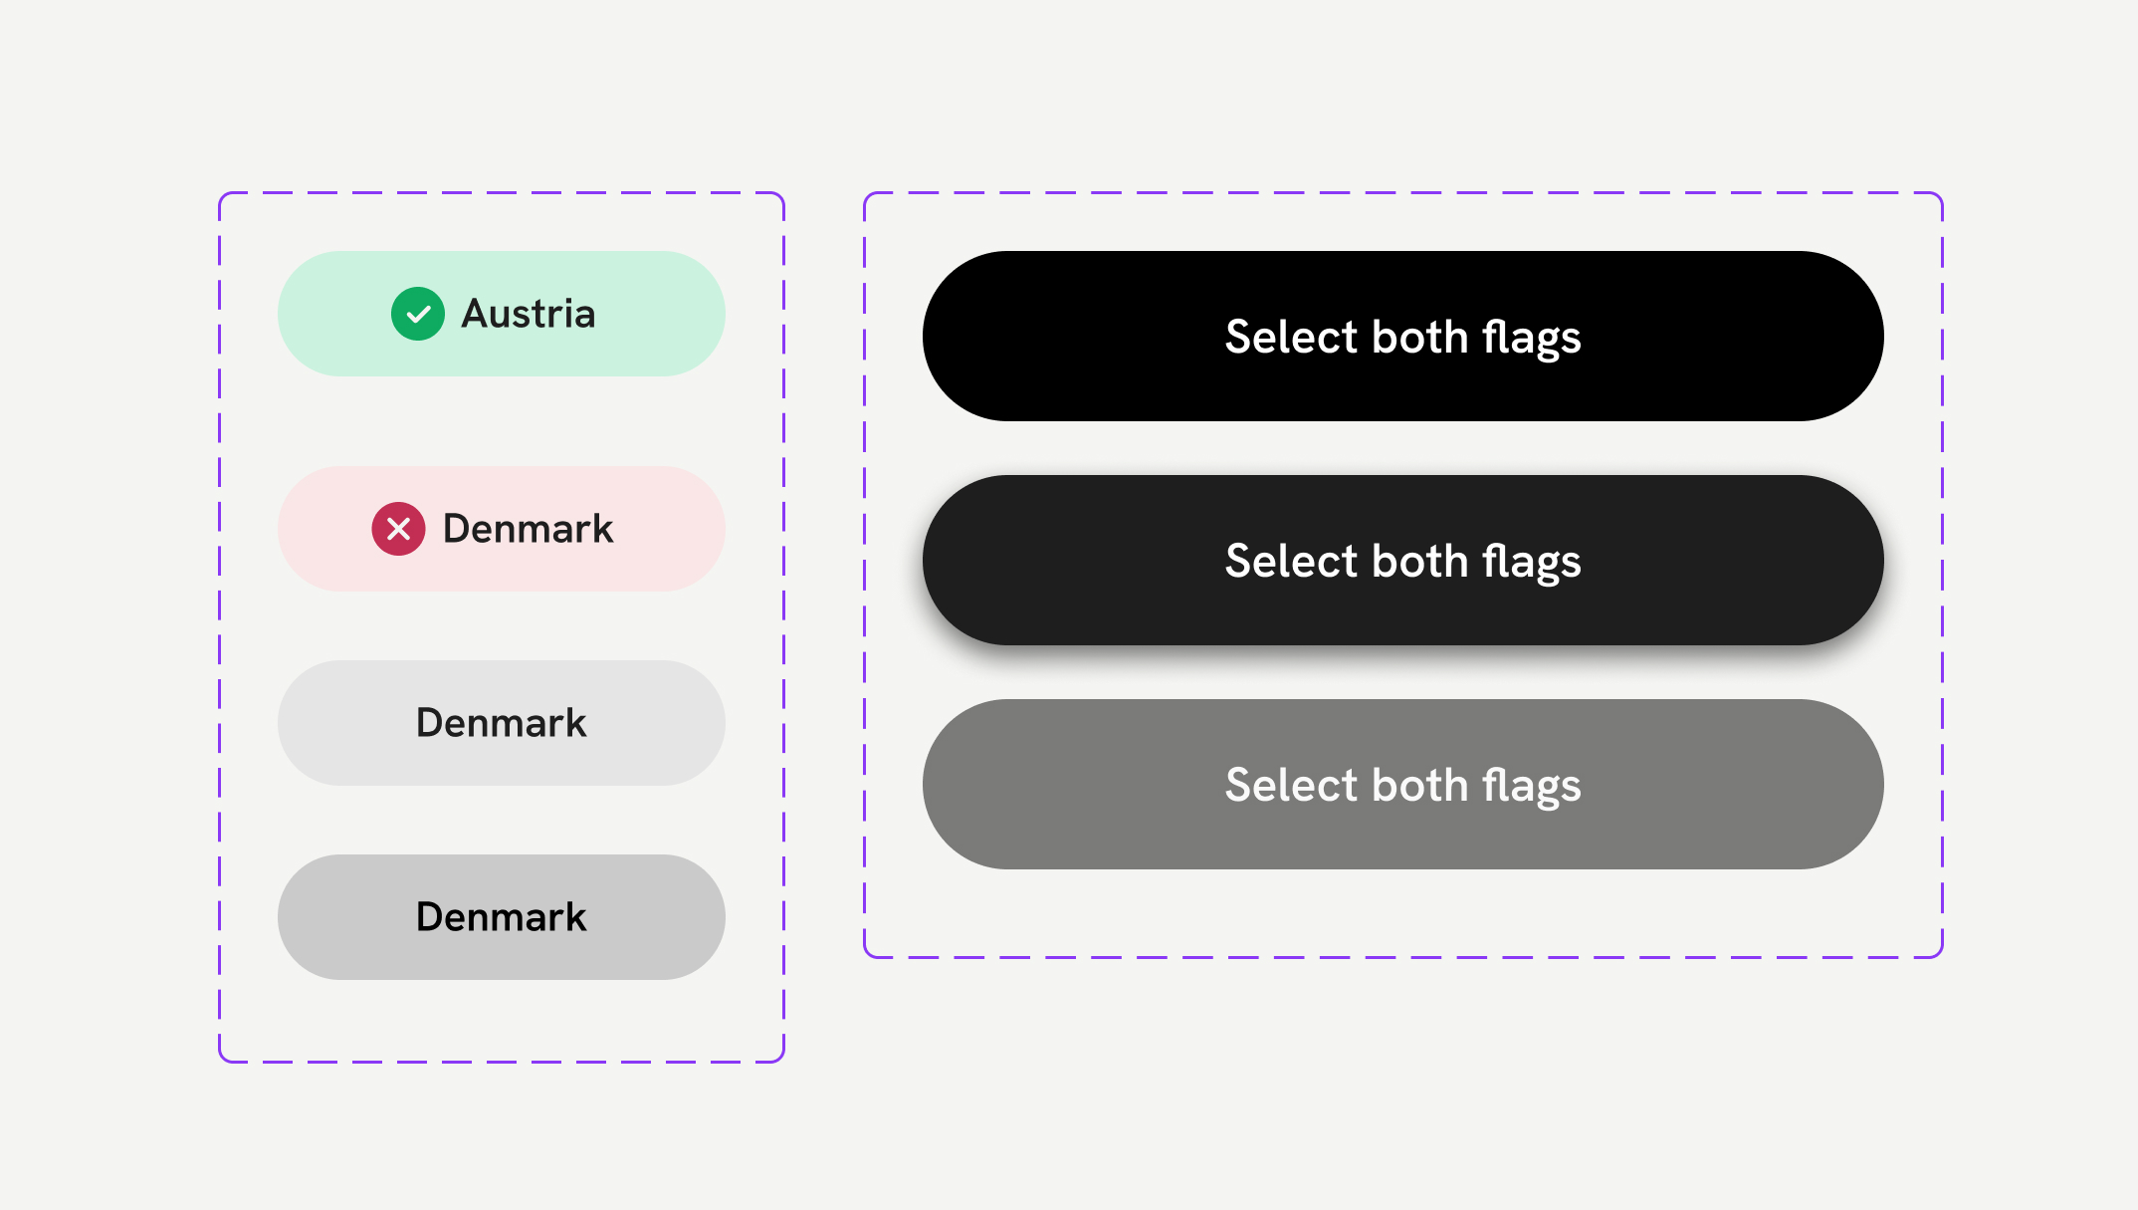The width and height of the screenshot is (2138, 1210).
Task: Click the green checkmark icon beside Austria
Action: (x=418, y=314)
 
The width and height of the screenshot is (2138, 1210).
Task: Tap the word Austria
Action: (x=529, y=314)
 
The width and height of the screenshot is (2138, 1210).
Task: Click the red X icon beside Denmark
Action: (x=398, y=529)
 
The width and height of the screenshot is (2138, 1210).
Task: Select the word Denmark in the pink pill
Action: (x=528, y=529)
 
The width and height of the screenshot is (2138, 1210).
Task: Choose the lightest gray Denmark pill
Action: (x=502, y=723)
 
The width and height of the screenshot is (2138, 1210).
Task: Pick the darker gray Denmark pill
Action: (x=502, y=917)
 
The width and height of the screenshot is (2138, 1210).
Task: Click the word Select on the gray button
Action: (x=1291, y=785)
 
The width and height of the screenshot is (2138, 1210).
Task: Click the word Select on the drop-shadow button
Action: (x=1291, y=561)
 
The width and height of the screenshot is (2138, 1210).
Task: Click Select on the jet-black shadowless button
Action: (x=1291, y=337)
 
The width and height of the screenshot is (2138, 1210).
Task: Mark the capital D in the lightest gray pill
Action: (x=431, y=723)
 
